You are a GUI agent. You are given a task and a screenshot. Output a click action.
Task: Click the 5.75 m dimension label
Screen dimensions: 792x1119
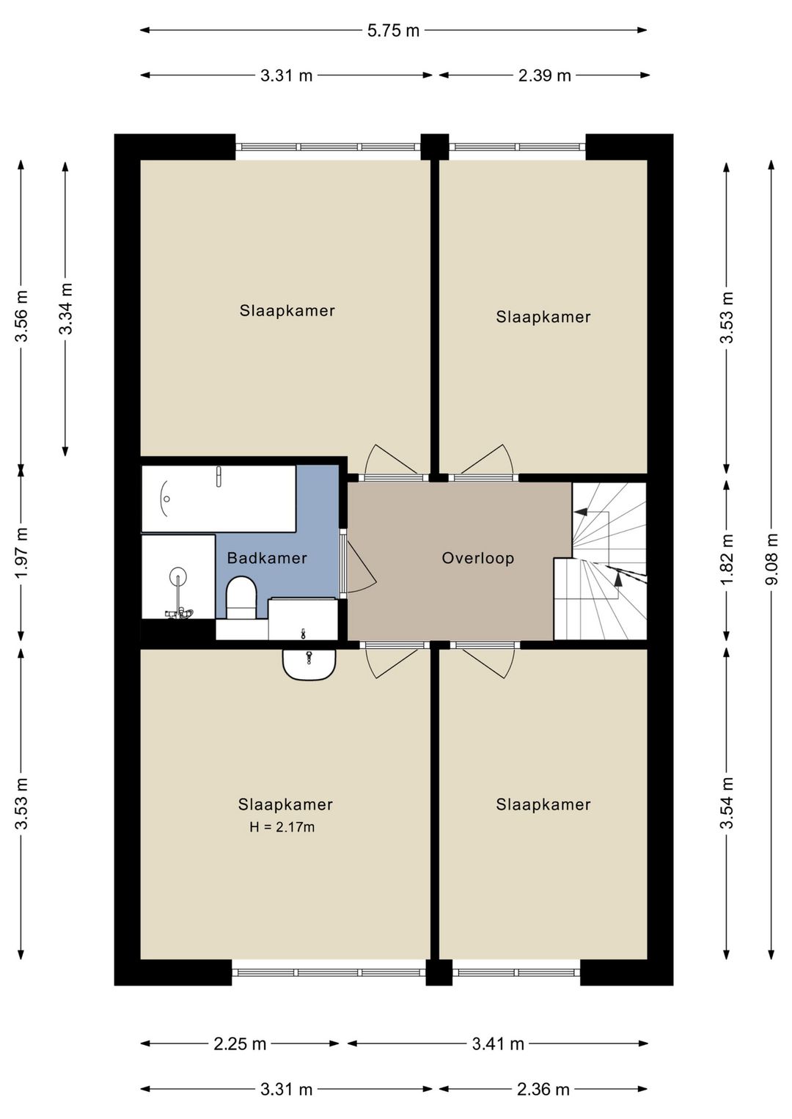393,31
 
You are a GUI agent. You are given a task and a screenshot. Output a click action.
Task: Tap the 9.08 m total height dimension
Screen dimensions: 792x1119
772,559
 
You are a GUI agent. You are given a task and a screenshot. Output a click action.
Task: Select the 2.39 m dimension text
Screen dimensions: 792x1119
544,76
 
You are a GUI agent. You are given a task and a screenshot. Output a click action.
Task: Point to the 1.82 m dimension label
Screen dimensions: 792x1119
727,559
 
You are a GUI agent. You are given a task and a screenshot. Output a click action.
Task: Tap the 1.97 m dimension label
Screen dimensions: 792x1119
21,551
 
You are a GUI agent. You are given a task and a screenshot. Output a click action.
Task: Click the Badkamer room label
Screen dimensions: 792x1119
267,558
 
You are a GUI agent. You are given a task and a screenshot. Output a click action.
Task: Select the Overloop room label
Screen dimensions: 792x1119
477,558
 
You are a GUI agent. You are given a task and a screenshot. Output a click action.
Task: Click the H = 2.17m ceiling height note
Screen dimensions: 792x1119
282,828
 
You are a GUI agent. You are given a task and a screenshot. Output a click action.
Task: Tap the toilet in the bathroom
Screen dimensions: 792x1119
241,598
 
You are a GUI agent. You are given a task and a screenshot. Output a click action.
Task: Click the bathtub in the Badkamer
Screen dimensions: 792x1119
219,499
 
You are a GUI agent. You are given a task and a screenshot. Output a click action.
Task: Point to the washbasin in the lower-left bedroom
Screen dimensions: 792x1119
309,664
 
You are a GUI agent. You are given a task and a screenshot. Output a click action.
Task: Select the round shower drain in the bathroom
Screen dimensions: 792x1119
178,576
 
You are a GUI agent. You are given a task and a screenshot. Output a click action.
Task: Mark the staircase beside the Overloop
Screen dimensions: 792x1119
600,561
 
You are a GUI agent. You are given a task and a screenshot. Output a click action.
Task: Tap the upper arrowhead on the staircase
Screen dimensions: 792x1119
580,512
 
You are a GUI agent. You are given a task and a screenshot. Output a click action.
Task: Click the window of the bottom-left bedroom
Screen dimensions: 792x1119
329,972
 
